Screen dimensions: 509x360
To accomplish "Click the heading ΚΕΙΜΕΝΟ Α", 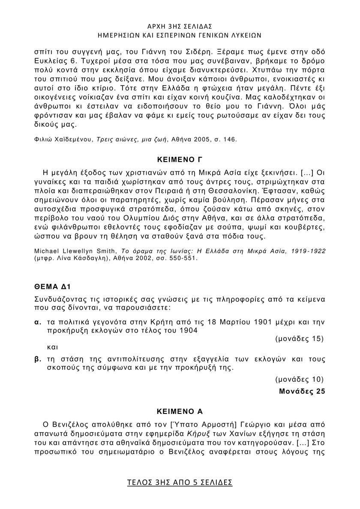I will click(x=179, y=412).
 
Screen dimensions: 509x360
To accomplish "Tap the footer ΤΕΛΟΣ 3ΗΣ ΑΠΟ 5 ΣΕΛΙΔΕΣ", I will click(x=180, y=482).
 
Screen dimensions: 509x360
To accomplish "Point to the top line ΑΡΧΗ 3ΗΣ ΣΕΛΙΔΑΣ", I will click(x=180, y=26).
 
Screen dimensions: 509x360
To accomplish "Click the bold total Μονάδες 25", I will click(x=302, y=391).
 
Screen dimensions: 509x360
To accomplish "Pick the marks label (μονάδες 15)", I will click(x=299, y=338).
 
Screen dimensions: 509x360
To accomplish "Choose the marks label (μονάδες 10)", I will click(x=299, y=379).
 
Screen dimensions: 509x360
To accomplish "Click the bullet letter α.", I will click(x=38, y=322).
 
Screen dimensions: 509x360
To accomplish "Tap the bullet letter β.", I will click(x=38, y=359).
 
